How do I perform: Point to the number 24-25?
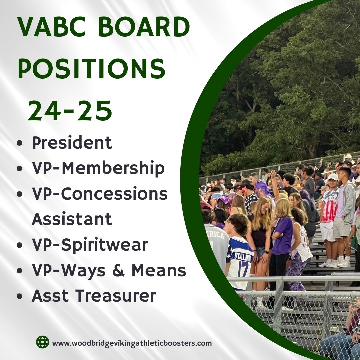tap(70, 111)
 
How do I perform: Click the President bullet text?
tap(72, 143)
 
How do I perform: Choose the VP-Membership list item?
tap(98, 169)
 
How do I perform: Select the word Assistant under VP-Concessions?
tap(72, 219)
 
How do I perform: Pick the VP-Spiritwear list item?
tap(90, 245)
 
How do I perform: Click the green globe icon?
tap(43, 342)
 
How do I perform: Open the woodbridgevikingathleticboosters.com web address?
tap(132, 343)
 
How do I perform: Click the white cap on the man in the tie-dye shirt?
tap(333, 177)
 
